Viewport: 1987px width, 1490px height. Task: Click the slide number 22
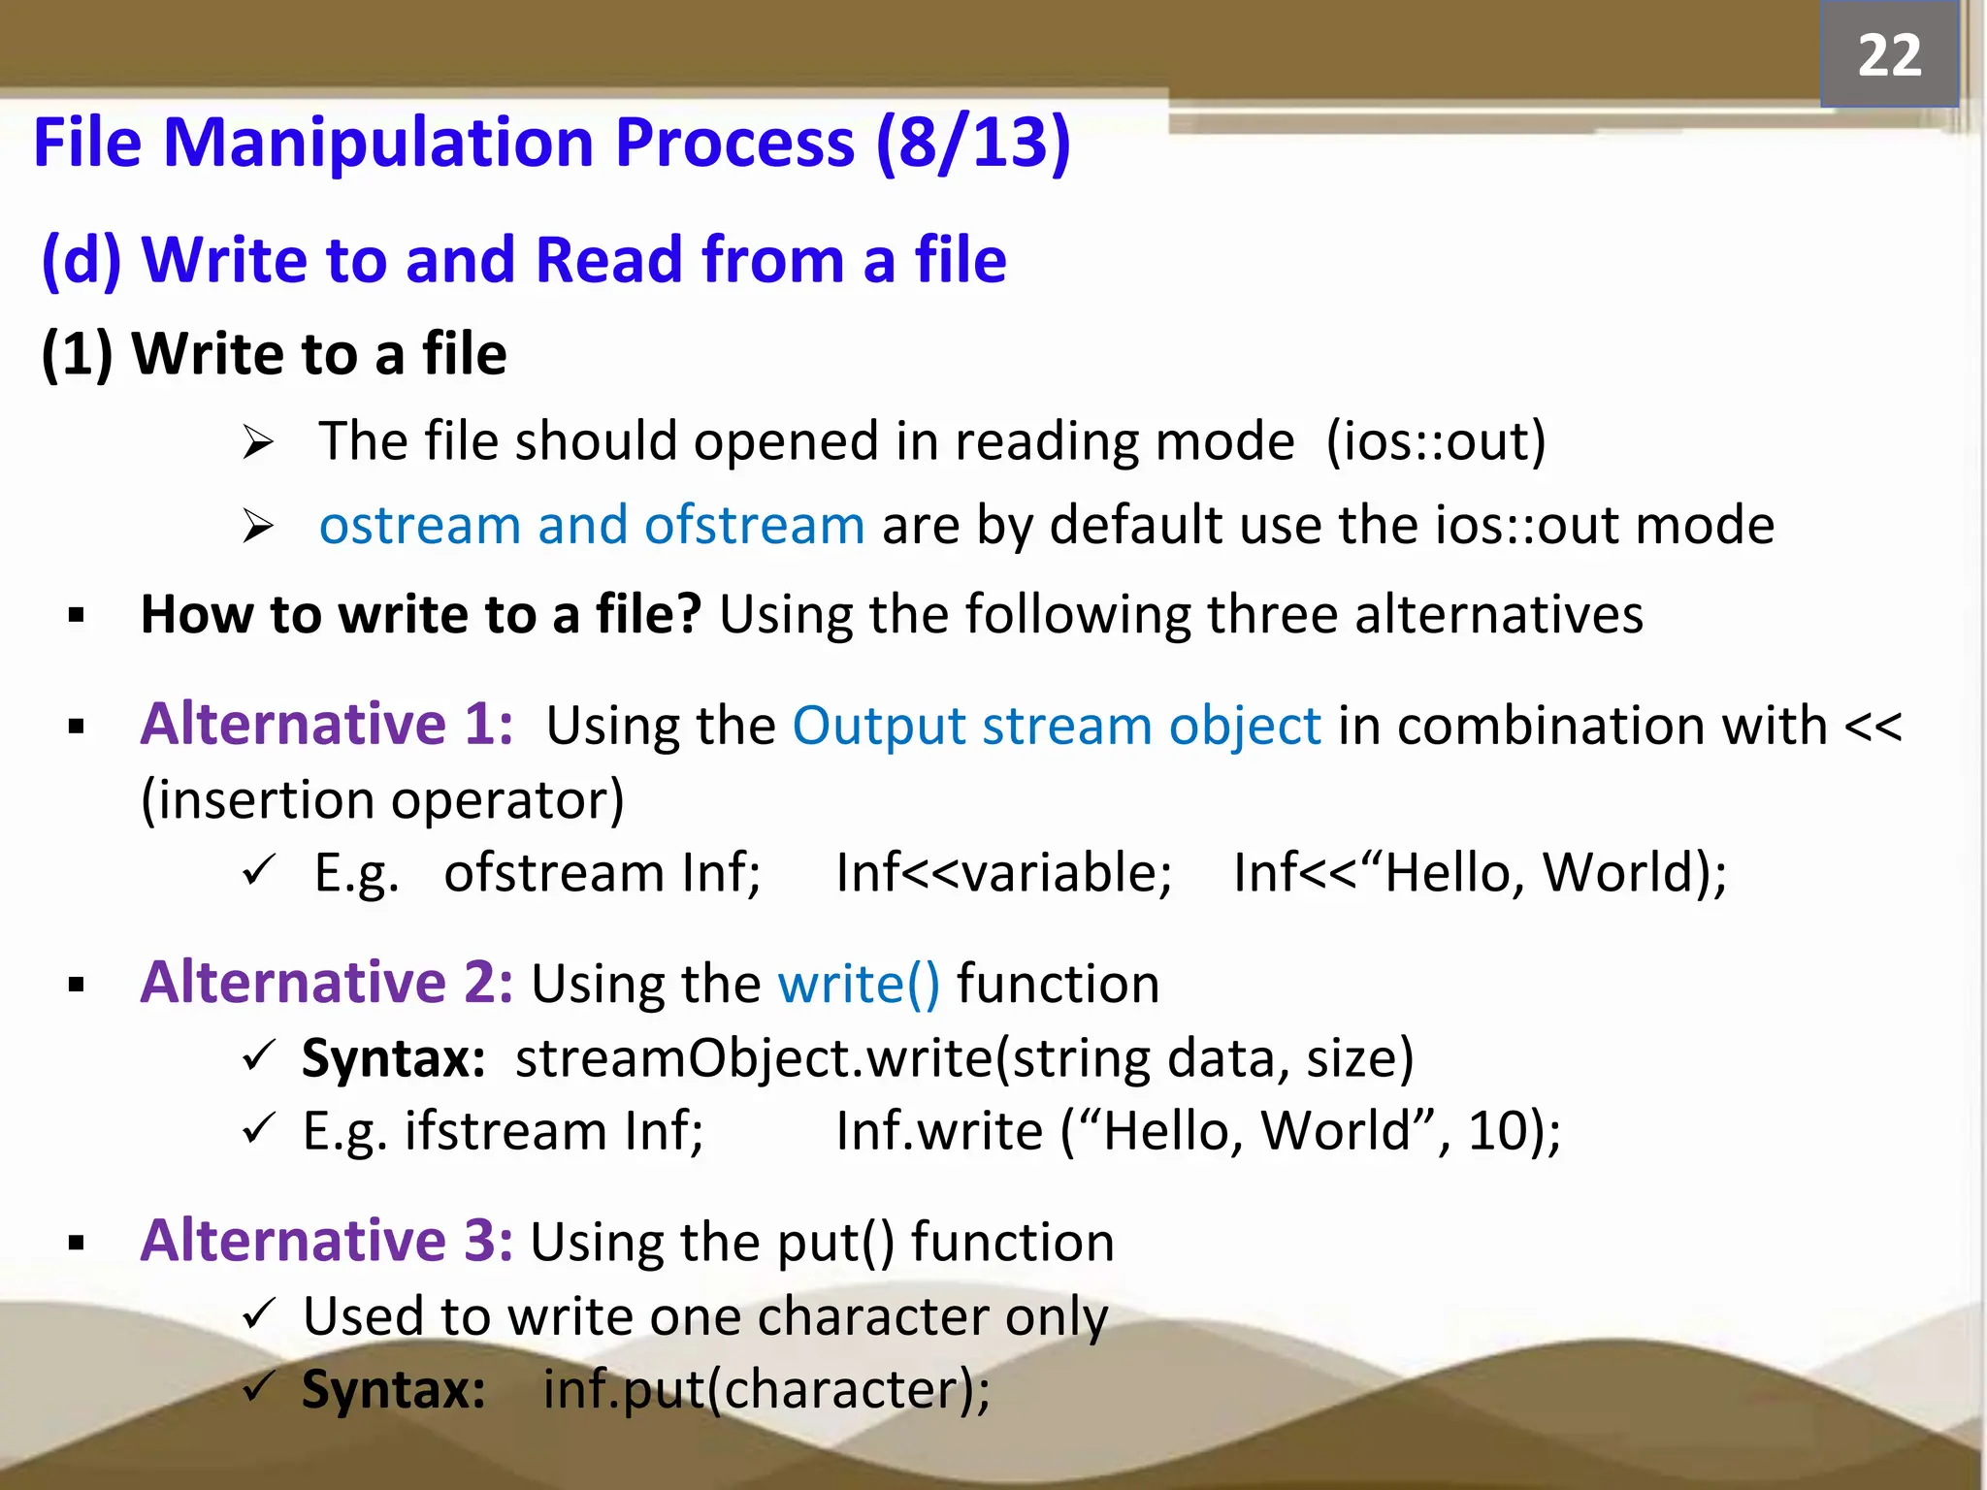click(1888, 55)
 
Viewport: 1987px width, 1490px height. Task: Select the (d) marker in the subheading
click(81, 260)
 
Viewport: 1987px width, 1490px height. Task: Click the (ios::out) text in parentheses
click(1435, 441)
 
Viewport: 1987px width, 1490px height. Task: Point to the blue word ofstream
click(754, 526)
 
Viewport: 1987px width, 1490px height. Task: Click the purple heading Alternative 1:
click(327, 725)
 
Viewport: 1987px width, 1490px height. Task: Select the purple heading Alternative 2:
click(327, 983)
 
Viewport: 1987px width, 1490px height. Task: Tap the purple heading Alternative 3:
click(327, 1241)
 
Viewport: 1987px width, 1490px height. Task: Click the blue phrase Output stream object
click(1057, 727)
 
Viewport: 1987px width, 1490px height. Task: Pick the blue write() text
click(859, 985)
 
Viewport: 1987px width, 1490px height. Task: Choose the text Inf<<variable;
click(1003, 872)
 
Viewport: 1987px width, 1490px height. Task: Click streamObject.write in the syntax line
click(754, 1058)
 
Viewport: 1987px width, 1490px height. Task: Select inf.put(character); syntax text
click(766, 1389)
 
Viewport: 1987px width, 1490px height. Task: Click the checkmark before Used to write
click(260, 1314)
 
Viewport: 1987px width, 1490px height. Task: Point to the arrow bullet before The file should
click(258, 443)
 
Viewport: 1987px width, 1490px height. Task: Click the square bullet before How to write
click(77, 615)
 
